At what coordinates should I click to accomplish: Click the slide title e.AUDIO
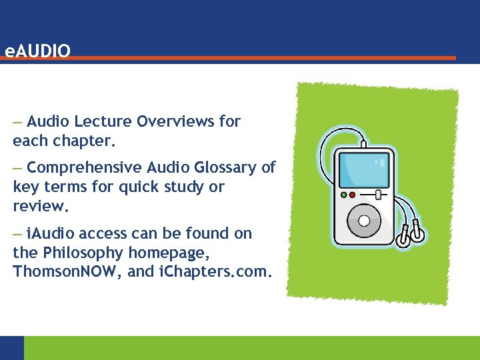36,50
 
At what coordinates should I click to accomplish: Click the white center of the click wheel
364,219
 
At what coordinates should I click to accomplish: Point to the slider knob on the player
378,195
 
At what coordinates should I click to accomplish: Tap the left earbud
403,238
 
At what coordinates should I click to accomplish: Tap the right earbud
418,233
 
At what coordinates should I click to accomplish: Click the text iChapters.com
213,272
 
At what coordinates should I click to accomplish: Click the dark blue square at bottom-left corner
11,348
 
